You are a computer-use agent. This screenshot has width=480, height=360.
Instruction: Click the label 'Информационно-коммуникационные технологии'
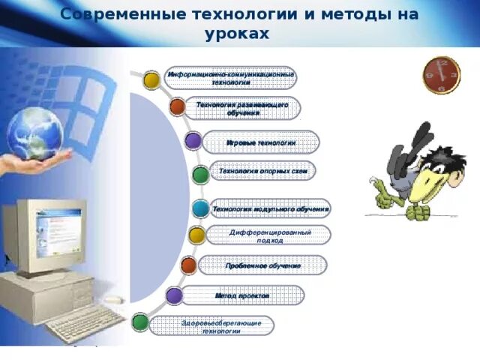[x=231, y=77]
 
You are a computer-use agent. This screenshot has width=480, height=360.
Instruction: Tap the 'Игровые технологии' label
[x=260, y=142]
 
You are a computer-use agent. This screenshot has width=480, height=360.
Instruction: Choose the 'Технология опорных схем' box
[x=262, y=171]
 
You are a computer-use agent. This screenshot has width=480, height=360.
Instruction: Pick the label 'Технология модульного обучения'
[x=270, y=208]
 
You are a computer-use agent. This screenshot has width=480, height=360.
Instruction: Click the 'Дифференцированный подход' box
[x=268, y=235]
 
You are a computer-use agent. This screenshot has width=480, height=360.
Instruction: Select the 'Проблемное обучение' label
[x=262, y=265]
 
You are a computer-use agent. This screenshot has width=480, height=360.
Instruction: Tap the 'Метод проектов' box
[x=241, y=295]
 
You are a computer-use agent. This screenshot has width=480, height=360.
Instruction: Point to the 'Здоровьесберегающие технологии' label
[x=211, y=325]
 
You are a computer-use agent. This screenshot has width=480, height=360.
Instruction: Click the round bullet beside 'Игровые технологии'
[x=193, y=140]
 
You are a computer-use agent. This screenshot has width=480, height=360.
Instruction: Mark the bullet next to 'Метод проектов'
[x=174, y=295]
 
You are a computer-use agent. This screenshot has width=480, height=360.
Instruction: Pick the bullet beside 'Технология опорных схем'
[x=200, y=175]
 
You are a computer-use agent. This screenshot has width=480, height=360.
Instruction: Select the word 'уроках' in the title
[x=235, y=34]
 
